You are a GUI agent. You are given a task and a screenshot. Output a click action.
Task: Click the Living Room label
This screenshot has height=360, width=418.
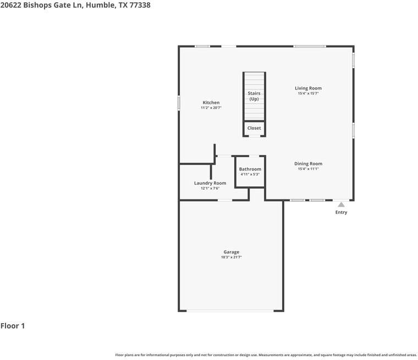point(308,88)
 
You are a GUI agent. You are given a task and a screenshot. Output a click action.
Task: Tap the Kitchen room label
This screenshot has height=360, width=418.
point(211,103)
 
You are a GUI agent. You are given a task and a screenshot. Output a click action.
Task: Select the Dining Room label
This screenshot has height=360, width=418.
point(308,163)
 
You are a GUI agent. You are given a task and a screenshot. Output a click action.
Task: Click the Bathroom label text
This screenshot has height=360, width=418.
point(250,169)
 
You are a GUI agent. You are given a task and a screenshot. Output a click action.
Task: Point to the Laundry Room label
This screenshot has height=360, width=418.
point(210,183)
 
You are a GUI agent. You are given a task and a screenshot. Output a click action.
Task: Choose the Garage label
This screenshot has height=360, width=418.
point(231,252)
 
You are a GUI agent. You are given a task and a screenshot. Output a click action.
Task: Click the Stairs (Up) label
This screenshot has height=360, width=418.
point(254,96)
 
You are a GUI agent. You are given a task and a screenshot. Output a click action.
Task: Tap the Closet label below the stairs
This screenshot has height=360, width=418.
point(254,128)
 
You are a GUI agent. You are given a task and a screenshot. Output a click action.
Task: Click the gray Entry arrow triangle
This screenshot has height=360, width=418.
point(341,204)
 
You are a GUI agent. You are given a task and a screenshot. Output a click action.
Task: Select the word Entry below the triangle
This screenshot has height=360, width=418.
point(341,212)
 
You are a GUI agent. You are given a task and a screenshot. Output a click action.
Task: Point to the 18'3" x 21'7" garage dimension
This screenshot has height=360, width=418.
point(231,257)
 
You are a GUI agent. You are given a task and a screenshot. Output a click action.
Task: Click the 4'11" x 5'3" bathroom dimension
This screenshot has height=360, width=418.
point(250,174)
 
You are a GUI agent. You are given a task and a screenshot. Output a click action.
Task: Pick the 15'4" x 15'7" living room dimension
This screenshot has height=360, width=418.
point(308,93)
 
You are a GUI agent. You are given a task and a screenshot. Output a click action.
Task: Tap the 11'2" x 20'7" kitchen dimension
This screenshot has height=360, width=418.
point(211,108)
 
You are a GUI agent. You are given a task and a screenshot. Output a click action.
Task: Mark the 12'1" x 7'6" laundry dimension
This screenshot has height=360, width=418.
point(210,189)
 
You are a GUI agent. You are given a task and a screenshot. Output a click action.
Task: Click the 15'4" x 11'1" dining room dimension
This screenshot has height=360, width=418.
point(308,169)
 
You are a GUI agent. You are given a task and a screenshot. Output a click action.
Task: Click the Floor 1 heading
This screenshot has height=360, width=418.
point(13,326)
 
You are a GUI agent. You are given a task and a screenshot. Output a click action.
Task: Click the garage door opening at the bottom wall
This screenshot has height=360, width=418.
point(231,311)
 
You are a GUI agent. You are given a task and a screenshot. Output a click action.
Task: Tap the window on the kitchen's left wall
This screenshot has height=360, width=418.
point(179,103)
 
